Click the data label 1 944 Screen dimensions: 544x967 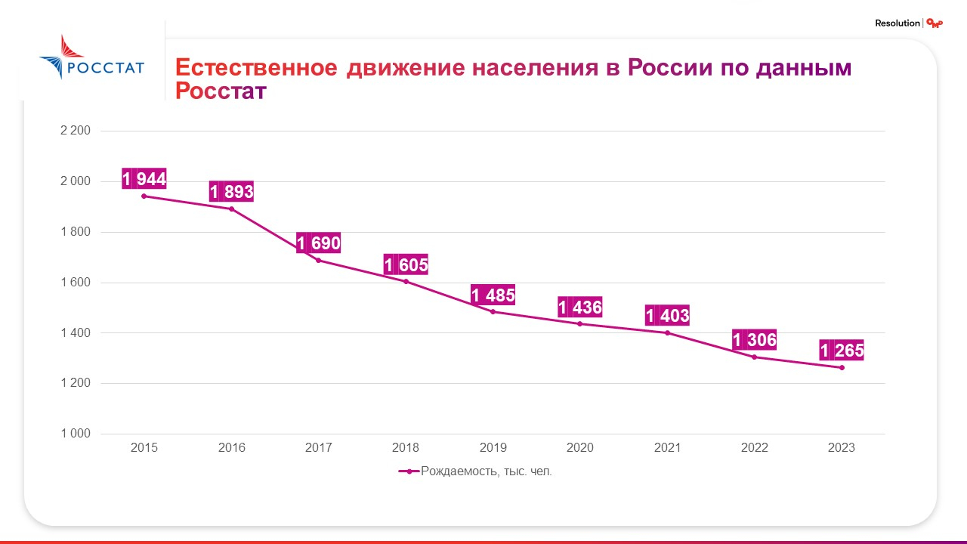pyautogui.click(x=144, y=179)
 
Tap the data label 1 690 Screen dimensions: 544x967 pyautogui.click(x=319, y=243)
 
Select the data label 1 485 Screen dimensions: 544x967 pyautogui.click(x=493, y=295)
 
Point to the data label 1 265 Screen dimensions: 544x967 pyautogui.click(x=842, y=351)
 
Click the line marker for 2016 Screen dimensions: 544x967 pyautogui.click(x=232, y=209)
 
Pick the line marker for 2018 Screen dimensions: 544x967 pyautogui.click(x=406, y=282)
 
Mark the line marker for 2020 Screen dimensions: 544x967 pyautogui.click(x=580, y=323)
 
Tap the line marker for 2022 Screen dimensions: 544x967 pyautogui.click(x=754, y=357)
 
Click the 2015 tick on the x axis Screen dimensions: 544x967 pyautogui.click(x=144, y=448)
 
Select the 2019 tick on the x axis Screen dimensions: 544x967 pyautogui.click(x=493, y=448)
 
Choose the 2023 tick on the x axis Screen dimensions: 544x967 pyautogui.click(x=842, y=448)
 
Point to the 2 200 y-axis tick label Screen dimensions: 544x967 pyautogui.click(x=75, y=131)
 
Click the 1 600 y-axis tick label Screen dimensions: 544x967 pyautogui.click(x=75, y=283)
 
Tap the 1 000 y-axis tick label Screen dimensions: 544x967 pyautogui.click(x=75, y=434)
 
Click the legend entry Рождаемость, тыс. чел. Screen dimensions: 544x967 pyautogui.click(x=476, y=471)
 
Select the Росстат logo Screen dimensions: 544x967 pyautogui.click(x=91, y=57)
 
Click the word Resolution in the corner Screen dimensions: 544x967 pyautogui.click(x=897, y=23)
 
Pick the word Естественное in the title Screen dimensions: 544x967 pyautogui.click(x=256, y=68)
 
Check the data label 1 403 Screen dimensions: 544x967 pyautogui.click(x=668, y=315)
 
